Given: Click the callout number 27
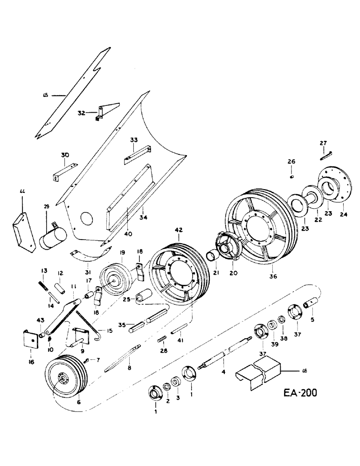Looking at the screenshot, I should click(324, 144).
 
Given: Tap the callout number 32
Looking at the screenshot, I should click(82, 113).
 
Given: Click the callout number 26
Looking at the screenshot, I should click(291, 162).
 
